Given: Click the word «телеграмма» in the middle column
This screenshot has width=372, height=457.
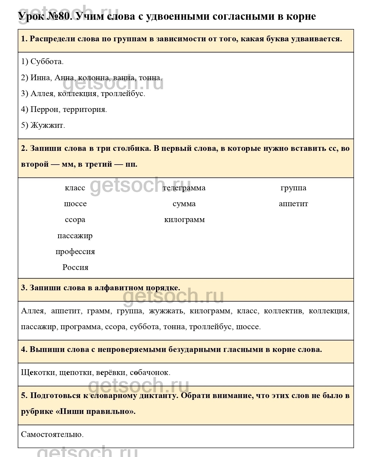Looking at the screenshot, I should pos(184,188).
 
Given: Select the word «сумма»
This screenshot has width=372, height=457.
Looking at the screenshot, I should pos(184,204).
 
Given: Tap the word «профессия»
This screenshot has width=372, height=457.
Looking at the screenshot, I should pos(75,252).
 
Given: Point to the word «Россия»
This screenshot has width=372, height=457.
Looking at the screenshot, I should pos(75,267).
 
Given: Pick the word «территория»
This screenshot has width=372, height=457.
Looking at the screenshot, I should pos(84,110).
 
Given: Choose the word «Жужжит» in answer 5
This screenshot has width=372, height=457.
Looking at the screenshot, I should pos(47,125).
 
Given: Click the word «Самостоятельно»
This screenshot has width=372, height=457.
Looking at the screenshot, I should pos(52,434).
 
